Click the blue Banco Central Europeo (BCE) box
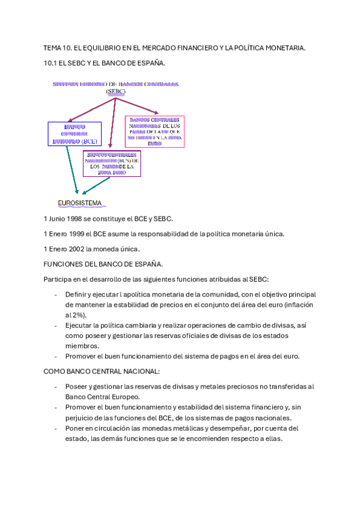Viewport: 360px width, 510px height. click(75, 134)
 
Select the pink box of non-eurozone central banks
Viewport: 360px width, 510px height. click(154, 131)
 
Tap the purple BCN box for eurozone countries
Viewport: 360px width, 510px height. click(112, 163)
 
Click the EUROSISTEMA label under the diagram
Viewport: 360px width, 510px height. click(79, 203)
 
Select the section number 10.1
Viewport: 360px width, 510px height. click(50, 63)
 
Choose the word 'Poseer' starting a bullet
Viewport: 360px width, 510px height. click(76, 387)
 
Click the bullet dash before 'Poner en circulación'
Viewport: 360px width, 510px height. click(56, 428)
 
